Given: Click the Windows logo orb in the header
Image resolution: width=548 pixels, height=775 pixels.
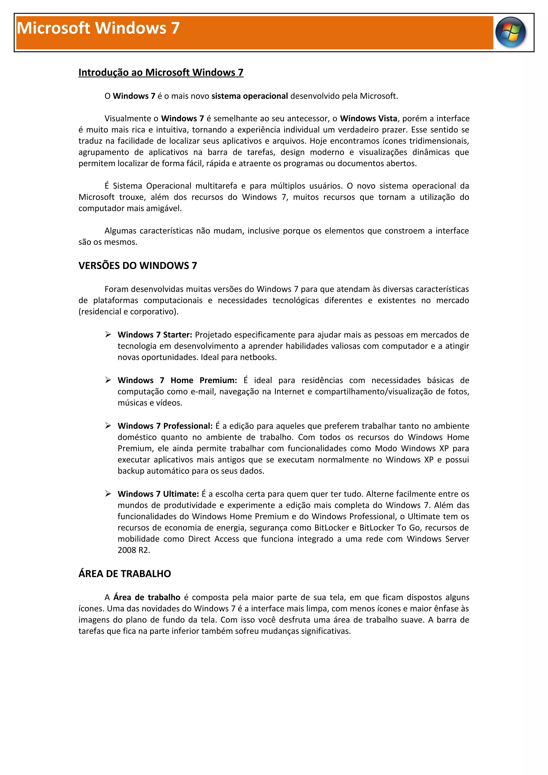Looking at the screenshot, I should tap(510, 32).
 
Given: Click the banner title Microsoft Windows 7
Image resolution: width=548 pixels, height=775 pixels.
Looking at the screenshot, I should tap(98, 28).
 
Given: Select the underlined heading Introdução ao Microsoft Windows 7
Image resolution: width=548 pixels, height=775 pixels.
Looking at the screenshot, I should tap(161, 72).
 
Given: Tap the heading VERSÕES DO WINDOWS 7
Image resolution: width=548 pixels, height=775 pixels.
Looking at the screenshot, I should tap(138, 266).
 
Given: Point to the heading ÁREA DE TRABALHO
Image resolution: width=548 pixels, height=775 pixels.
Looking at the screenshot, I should tap(125, 574).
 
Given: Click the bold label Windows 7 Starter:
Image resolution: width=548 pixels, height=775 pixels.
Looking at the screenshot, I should tap(155, 335).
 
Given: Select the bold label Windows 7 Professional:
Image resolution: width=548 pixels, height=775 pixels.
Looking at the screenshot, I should tap(165, 426).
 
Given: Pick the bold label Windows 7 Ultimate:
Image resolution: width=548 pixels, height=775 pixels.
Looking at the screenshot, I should tap(158, 494).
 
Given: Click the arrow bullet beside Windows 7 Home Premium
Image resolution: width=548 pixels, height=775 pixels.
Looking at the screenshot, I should tap(108, 380).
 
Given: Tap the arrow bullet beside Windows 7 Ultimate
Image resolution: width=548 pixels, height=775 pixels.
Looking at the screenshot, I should tap(108, 494).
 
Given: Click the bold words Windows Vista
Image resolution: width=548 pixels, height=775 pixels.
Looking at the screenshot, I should tap(368, 118).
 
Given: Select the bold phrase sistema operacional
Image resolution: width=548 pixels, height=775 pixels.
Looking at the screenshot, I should tap(250, 96).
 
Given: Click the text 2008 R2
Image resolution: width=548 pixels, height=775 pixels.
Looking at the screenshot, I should tap(134, 550).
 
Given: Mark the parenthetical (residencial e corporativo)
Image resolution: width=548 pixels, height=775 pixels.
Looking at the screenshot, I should tap(128, 312).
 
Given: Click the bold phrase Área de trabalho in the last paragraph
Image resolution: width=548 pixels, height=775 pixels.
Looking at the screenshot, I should tap(147, 597).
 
